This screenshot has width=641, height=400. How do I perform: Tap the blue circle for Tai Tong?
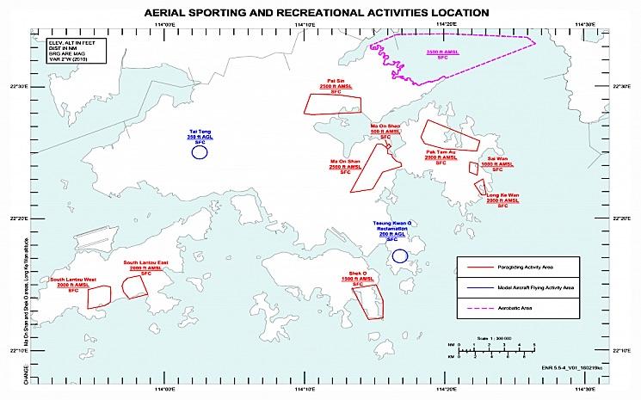[x=200, y=153]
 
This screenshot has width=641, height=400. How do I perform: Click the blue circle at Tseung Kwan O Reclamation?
[x=399, y=255]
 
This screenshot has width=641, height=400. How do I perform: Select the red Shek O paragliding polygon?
[x=367, y=300]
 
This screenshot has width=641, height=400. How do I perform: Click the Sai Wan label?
[x=497, y=159]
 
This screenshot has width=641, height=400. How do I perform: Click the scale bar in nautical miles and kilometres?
[x=497, y=348]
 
